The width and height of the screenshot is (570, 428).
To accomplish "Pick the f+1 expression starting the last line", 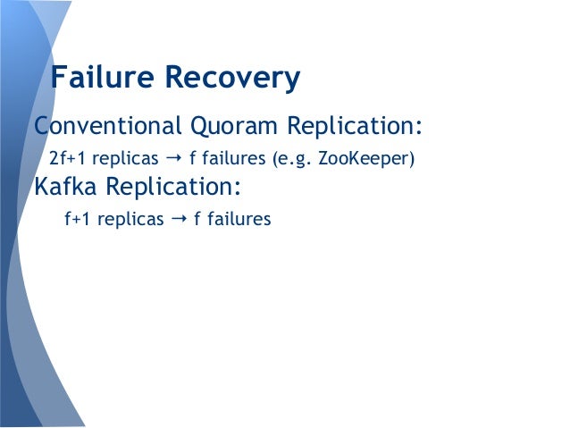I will [x=79, y=218].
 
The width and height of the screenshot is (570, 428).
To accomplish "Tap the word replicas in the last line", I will [x=130, y=218].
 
